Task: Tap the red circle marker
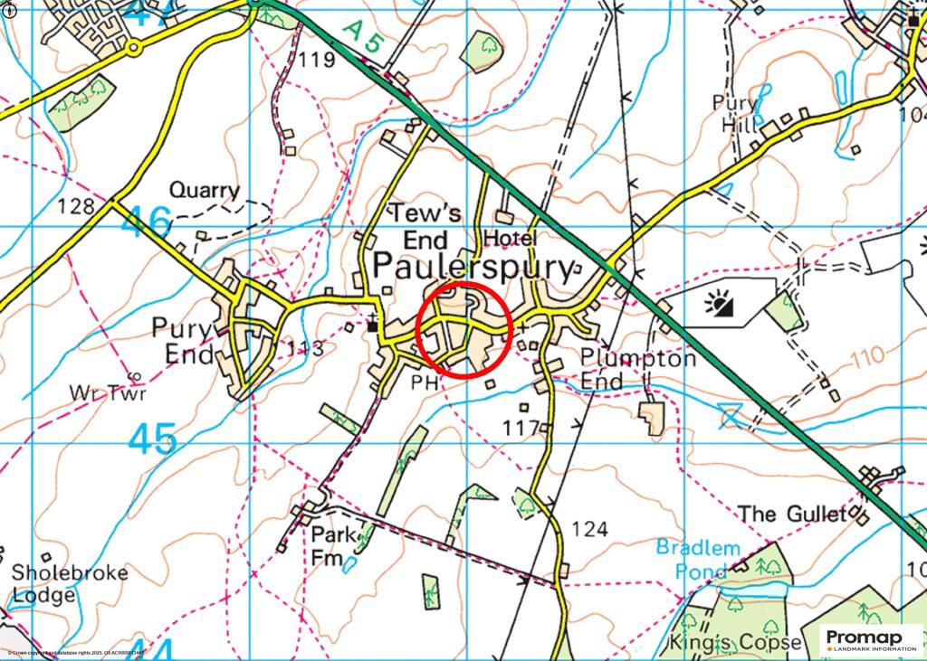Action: (465, 329)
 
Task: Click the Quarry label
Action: (205, 191)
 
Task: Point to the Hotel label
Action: (511, 237)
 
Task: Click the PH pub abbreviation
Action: (425, 382)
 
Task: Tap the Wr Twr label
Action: (108, 393)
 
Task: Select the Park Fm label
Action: (330, 545)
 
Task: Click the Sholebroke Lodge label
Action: (70, 584)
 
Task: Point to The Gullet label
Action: (792, 515)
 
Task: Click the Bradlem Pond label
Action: (698, 560)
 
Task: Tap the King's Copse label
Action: (734, 642)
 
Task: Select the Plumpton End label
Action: (638, 369)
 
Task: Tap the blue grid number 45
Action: (152, 439)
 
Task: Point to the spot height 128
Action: (75, 206)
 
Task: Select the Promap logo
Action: (871, 639)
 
